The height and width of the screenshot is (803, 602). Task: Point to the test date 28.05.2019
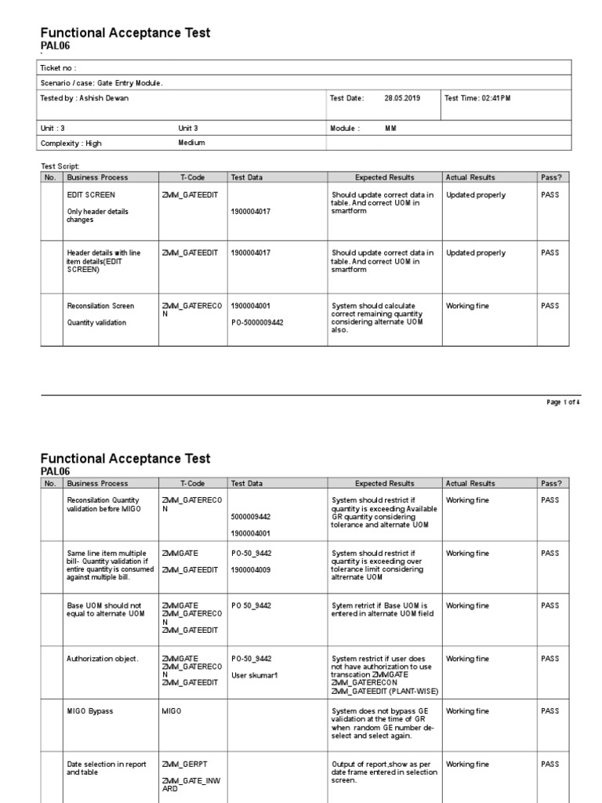(x=402, y=98)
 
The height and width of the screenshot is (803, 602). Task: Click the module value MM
(x=390, y=128)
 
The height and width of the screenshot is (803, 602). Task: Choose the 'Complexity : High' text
(x=71, y=144)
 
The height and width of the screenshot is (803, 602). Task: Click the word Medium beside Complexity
(x=191, y=143)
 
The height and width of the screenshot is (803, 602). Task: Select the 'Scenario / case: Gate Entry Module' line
(x=102, y=83)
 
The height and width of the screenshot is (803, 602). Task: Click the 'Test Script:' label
(x=60, y=167)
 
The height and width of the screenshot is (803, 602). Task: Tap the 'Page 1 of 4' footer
(x=563, y=402)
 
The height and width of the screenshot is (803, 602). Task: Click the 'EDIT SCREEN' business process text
(x=91, y=194)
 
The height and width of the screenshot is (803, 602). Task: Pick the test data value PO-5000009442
(x=257, y=322)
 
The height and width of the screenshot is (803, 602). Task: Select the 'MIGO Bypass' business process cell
(x=90, y=711)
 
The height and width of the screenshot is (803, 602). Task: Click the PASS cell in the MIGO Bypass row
(x=549, y=711)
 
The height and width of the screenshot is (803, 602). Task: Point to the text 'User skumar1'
(x=253, y=674)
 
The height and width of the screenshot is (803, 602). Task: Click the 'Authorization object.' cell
(x=103, y=659)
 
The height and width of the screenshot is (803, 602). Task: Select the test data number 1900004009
(x=251, y=569)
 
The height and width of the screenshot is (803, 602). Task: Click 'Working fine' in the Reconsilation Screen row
(x=467, y=306)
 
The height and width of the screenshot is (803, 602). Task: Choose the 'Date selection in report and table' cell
(x=107, y=768)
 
